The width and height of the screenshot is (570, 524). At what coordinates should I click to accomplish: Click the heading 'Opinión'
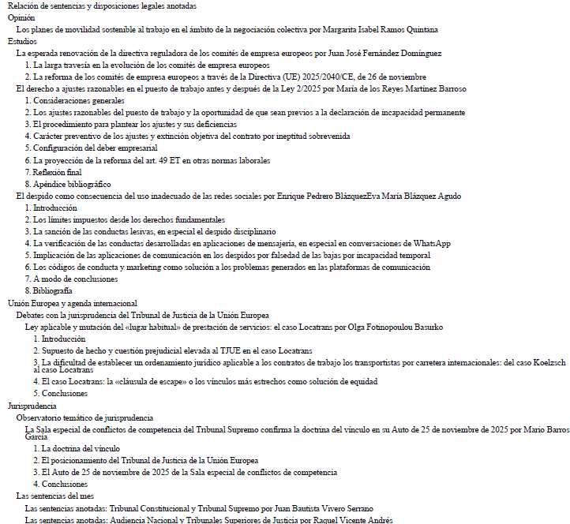tap(22, 17)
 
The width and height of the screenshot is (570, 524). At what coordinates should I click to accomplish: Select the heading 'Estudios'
tap(22, 41)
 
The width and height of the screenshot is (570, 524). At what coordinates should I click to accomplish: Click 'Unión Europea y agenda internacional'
tap(73, 303)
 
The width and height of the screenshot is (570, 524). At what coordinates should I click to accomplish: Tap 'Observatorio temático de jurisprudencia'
tap(84, 417)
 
